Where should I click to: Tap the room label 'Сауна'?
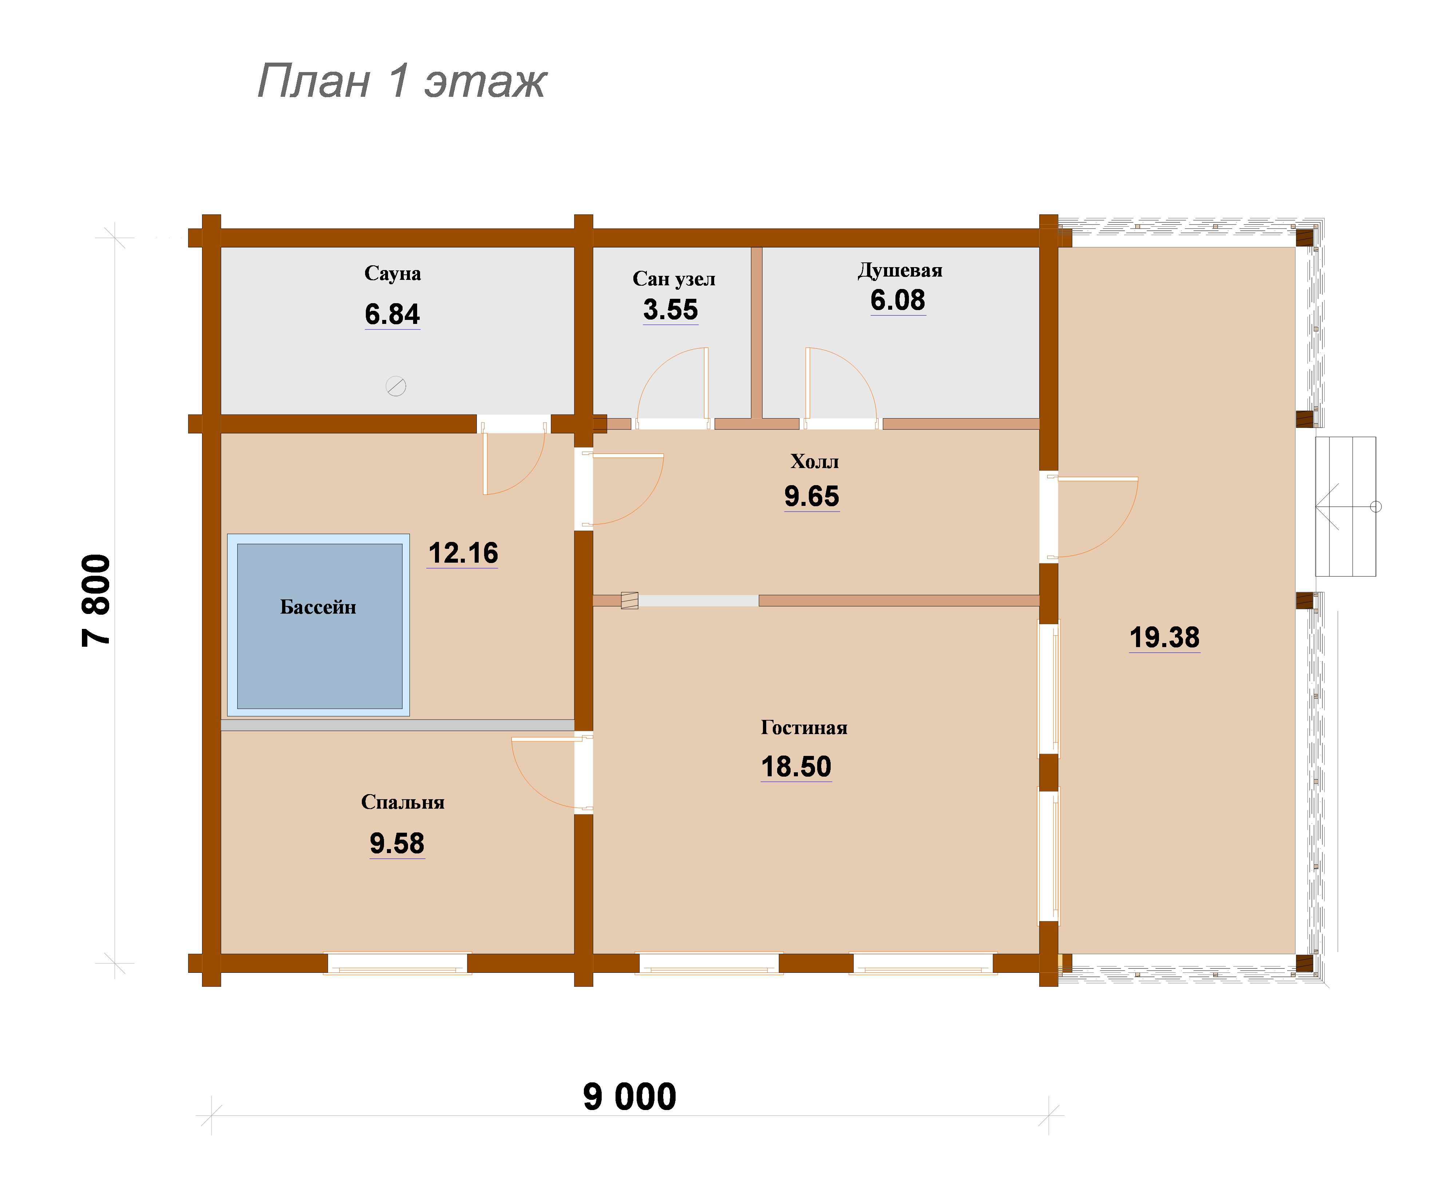tap(392, 273)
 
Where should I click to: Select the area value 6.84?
tap(392, 314)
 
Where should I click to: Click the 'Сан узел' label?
tap(674, 279)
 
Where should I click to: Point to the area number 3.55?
tap(670, 310)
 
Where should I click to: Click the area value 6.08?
tap(898, 300)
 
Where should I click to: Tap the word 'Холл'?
tap(814, 461)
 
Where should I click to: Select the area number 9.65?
tap(812, 496)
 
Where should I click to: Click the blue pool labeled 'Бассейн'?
tap(319, 625)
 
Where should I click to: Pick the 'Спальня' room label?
tap(403, 802)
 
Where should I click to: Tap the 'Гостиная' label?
tap(804, 728)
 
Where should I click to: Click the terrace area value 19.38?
tap(1164, 638)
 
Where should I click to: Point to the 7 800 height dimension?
tap(96, 600)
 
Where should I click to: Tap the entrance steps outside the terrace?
tap(1345, 507)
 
